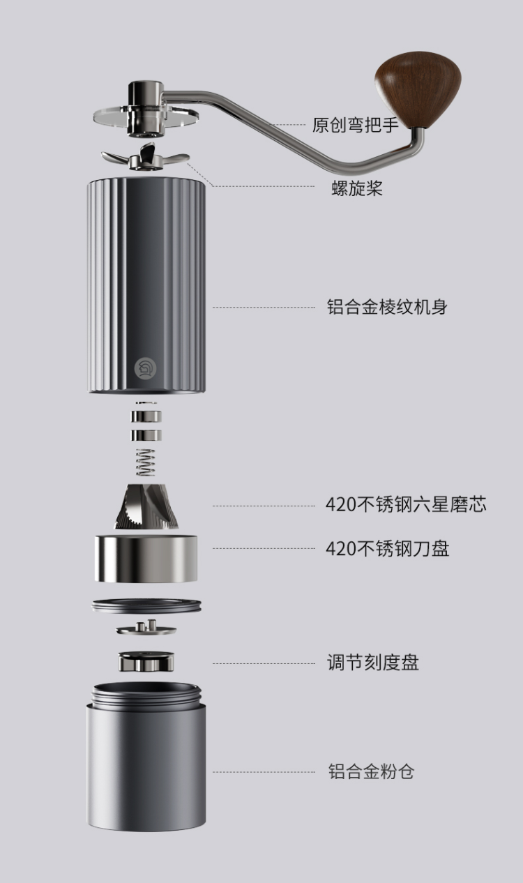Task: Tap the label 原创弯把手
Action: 355,126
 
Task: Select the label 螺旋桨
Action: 357,188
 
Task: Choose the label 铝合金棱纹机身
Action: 387,307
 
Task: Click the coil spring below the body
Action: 146,462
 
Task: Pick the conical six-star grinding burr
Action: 146,508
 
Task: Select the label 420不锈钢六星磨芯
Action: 406,505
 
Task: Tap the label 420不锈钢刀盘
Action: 387,548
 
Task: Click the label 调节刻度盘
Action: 373,663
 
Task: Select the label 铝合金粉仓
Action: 371,771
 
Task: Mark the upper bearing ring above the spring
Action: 146,417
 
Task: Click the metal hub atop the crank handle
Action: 146,94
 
